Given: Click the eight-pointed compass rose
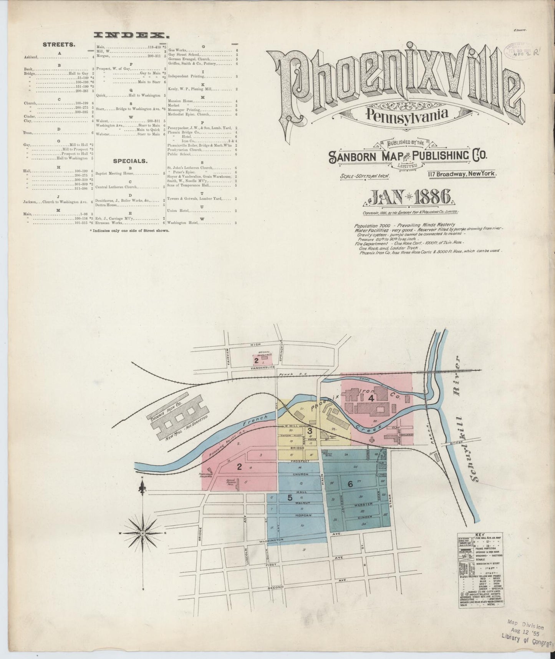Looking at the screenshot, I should coord(143,533).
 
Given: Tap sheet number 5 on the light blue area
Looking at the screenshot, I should coord(290,497).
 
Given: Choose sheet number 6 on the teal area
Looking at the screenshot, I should coord(350,484).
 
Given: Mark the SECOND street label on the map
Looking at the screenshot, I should coord(276,598).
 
